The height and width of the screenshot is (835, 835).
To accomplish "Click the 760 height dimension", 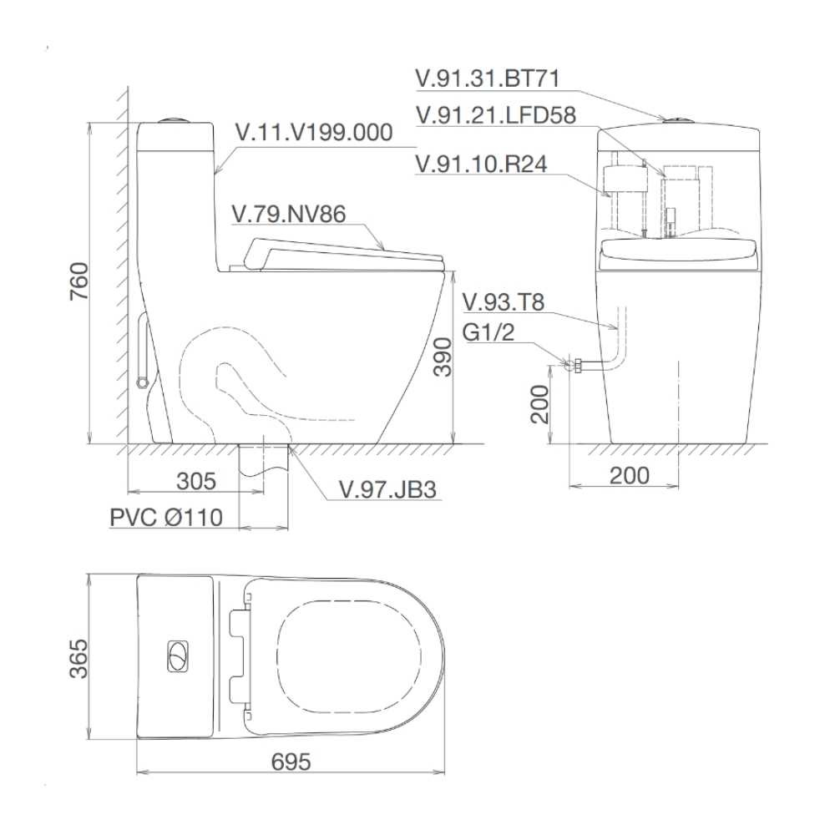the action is coord(79,281).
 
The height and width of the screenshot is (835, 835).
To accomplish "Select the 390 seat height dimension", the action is coord(443,357).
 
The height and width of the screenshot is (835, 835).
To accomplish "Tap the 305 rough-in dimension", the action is coord(196,481).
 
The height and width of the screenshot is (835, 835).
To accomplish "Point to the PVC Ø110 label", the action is coord(166,517).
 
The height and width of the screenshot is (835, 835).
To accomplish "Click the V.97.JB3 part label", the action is coord(388,489).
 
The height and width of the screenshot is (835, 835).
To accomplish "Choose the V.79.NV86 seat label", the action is coord(289,214).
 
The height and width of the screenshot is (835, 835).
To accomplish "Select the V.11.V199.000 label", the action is coord(314,132).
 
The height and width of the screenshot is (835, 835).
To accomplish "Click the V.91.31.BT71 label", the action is coord(488,78).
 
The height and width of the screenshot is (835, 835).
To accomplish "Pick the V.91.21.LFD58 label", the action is coord(496,115).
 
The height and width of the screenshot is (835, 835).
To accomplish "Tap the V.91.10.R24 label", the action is coord(482,164).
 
